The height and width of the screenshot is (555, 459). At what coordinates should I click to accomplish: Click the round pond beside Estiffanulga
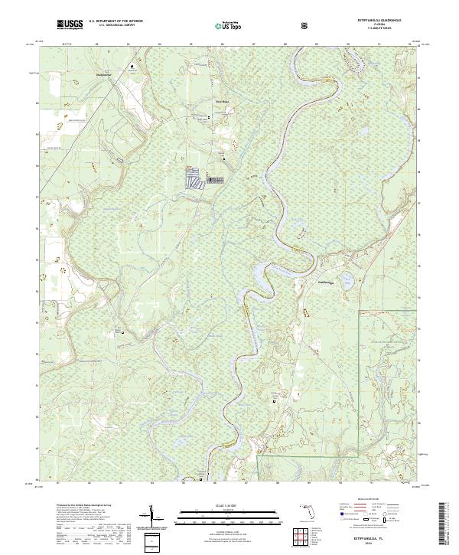click(x=347, y=282)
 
